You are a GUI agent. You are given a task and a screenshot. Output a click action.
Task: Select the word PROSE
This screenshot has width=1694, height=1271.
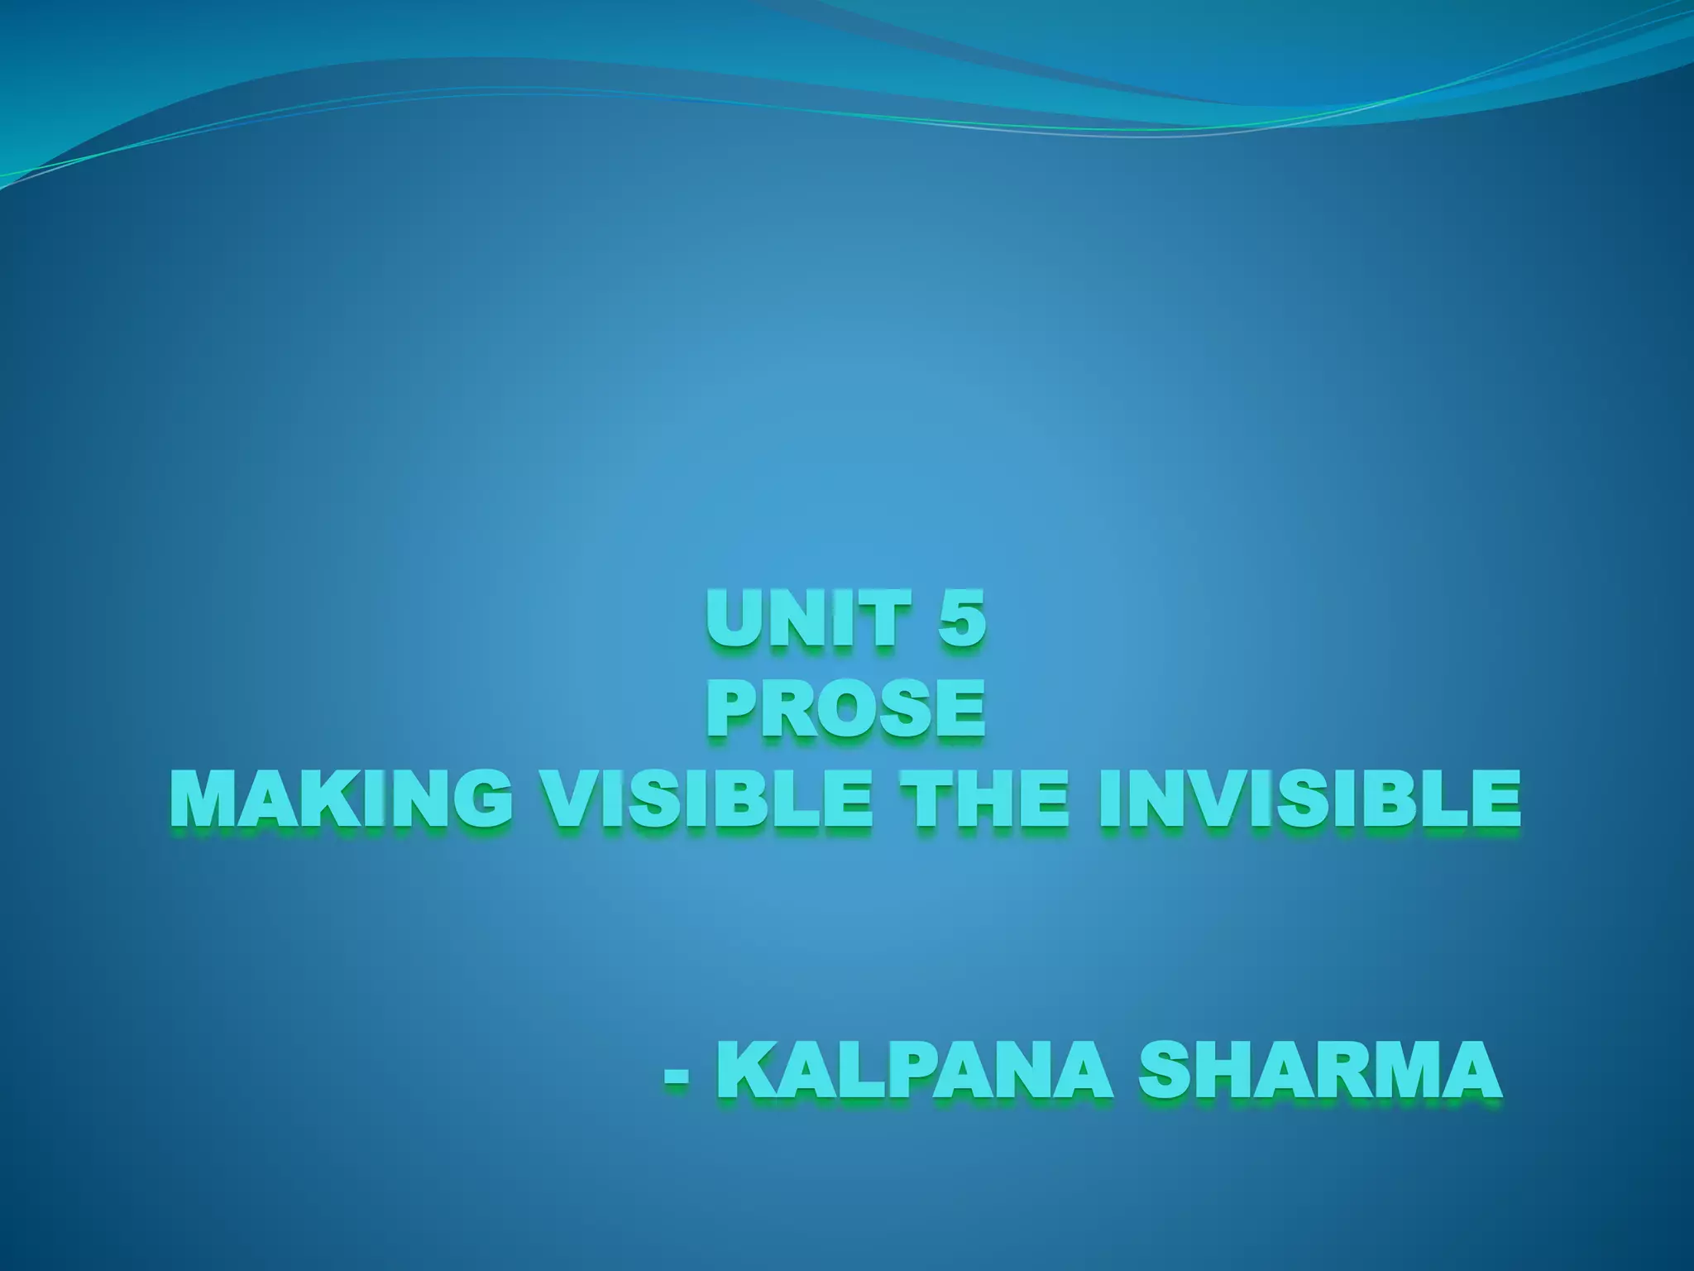tap(845, 709)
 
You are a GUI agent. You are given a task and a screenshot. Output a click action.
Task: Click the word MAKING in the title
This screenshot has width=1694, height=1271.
tap(339, 800)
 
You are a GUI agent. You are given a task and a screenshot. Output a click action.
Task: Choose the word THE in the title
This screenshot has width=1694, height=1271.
tap(984, 800)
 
